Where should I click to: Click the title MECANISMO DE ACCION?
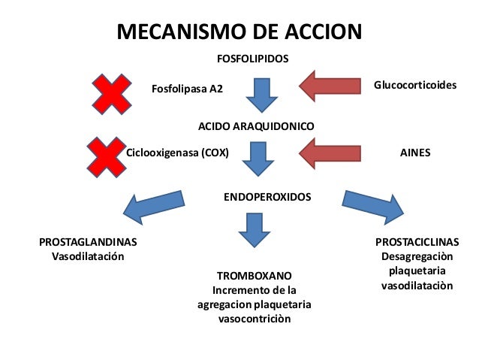pyautogui.click(x=239, y=32)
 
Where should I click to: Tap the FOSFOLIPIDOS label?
pyautogui.click(x=253, y=58)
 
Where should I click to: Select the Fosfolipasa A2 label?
pyautogui.click(x=188, y=89)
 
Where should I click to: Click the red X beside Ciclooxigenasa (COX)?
pyautogui.click(x=105, y=155)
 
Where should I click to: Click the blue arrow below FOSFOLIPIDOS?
pyautogui.click(x=264, y=92)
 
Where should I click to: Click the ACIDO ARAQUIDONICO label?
pyautogui.click(x=255, y=126)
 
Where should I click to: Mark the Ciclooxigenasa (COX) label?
pyautogui.click(x=177, y=152)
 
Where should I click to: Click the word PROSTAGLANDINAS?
pyautogui.click(x=87, y=243)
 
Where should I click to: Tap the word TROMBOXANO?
pyautogui.click(x=254, y=276)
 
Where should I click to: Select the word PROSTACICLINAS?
pyautogui.click(x=417, y=243)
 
